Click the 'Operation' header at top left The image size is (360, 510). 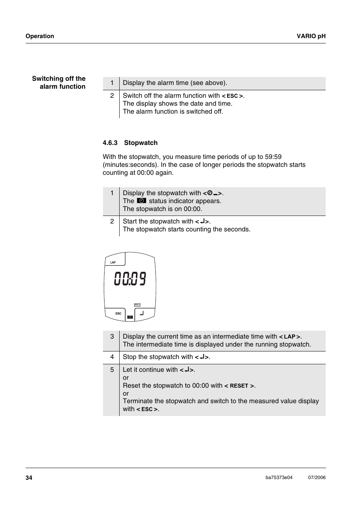40,36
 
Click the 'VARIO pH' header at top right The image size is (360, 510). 311,36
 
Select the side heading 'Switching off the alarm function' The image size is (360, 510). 59,83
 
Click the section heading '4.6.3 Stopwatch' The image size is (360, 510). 130,143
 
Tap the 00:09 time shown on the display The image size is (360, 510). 130,279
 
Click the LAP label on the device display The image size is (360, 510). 113,262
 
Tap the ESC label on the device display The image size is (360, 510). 118,313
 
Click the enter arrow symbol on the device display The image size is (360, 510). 142,313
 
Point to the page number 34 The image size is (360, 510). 29,478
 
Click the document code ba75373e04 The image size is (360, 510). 279,478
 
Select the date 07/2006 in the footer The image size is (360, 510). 317,478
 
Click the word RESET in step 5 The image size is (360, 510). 239,386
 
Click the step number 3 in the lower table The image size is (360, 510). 112,336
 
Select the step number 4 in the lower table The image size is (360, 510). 112,357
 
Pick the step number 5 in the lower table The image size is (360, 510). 112,370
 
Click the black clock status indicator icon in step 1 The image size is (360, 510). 142,201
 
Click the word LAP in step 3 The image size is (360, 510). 289,337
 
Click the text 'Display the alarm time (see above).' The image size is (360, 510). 175,83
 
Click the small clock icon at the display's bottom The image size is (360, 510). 130,317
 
